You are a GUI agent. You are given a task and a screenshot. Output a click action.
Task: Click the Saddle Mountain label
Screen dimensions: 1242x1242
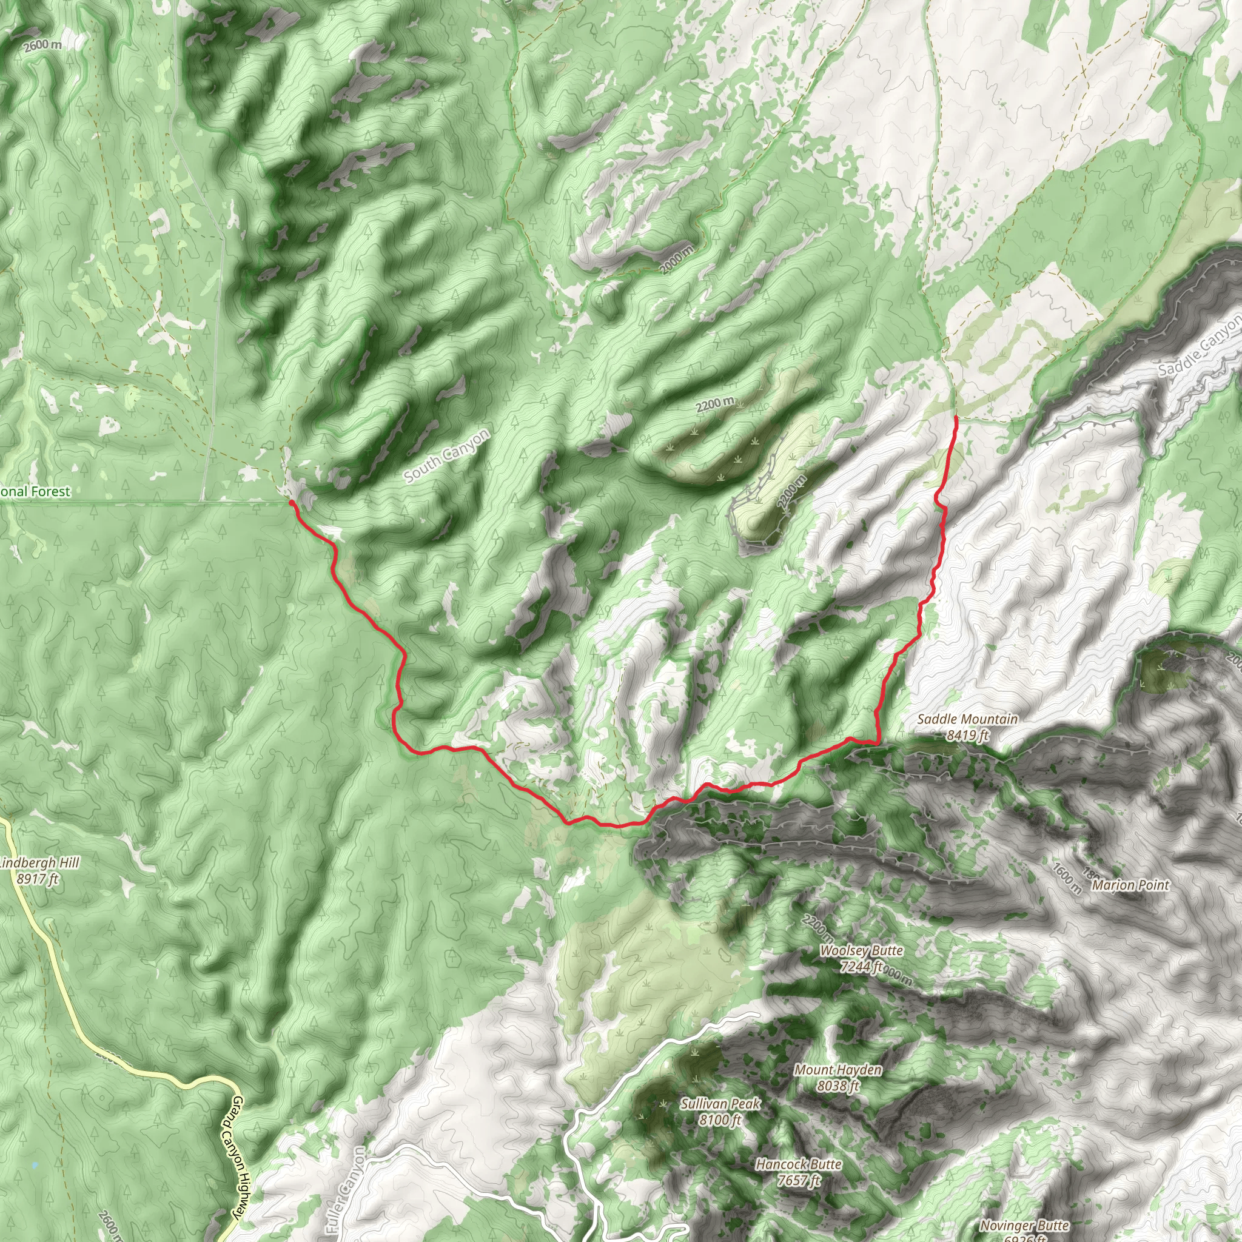coord(967,719)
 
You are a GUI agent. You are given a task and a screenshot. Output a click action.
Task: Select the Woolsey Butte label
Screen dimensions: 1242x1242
coord(861,951)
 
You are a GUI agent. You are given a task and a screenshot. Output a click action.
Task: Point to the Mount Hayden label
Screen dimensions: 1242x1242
coord(838,1070)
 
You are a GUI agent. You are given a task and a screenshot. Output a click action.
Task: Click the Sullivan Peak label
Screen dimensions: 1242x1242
coord(720,1104)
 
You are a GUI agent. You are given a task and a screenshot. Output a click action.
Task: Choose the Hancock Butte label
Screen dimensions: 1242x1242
coord(799,1164)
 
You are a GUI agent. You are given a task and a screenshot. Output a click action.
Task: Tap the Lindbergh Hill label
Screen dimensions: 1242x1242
coord(40,863)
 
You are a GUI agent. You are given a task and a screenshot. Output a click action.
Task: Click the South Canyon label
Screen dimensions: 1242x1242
coord(447,455)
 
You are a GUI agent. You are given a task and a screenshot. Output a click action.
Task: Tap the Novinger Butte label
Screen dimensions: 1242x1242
coord(1024,1226)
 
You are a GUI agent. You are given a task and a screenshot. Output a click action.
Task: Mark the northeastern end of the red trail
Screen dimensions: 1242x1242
coord(956,418)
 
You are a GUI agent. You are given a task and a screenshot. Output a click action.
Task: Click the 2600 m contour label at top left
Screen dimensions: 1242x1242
coord(43,45)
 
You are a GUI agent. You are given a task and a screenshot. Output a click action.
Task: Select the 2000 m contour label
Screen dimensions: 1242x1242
coord(677,259)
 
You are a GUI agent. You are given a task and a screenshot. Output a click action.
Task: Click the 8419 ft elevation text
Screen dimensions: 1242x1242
coord(967,735)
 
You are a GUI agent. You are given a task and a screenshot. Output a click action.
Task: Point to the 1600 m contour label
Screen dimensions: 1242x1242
coord(1067,879)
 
